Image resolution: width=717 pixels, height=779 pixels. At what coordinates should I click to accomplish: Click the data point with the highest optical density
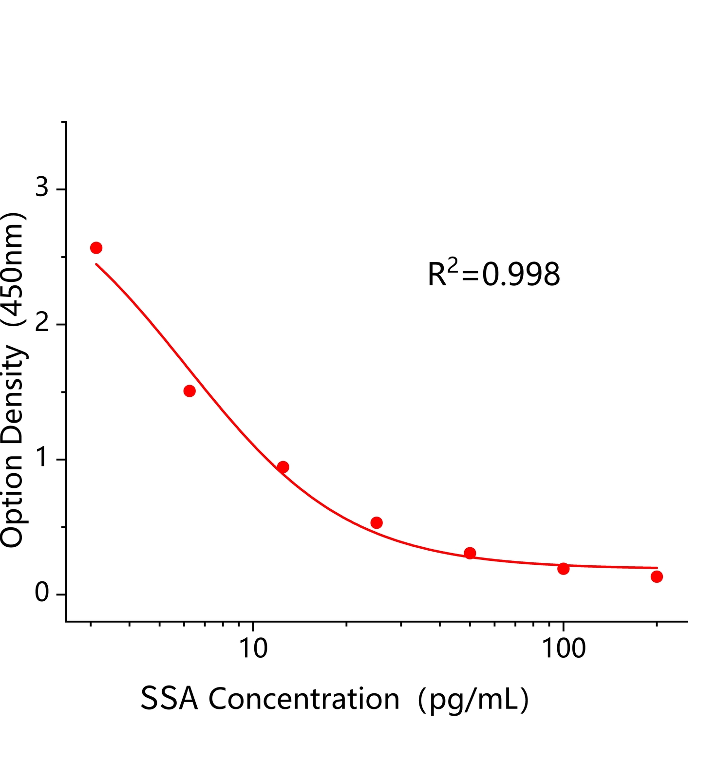click(x=96, y=248)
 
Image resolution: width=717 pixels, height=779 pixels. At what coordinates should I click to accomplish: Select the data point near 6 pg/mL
click(x=189, y=391)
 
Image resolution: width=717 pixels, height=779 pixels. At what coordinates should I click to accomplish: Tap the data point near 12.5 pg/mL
click(x=283, y=467)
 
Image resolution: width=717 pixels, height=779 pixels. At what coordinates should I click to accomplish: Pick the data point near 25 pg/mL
click(x=377, y=523)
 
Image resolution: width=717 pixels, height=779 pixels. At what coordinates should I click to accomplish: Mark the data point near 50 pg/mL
click(x=470, y=553)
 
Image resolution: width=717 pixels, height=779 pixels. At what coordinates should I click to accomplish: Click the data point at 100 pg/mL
click(x=564, y=569)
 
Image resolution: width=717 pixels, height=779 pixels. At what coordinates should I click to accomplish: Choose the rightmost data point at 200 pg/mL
click(x=657, y=576)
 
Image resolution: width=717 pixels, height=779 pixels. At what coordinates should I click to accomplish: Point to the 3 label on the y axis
click(x=42, y=187)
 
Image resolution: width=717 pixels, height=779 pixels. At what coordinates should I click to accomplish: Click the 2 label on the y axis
click(x=42, y=322)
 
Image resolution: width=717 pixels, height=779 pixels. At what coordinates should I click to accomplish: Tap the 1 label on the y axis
click(x=43, y=458)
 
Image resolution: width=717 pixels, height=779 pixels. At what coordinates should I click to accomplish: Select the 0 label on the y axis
click(x=42, y=593)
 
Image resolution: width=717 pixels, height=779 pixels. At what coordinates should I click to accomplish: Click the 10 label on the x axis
click(x=254, y=649)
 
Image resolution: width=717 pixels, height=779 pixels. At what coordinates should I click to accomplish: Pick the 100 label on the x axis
click(x=564, y=649)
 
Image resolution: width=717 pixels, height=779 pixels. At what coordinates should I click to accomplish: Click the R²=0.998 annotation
click(x=493, y=274)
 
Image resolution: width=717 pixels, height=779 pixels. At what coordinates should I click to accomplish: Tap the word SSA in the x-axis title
click(x=169, y=699)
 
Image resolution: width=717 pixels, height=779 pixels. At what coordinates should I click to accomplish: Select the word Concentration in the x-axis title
click(x=304, y=699)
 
